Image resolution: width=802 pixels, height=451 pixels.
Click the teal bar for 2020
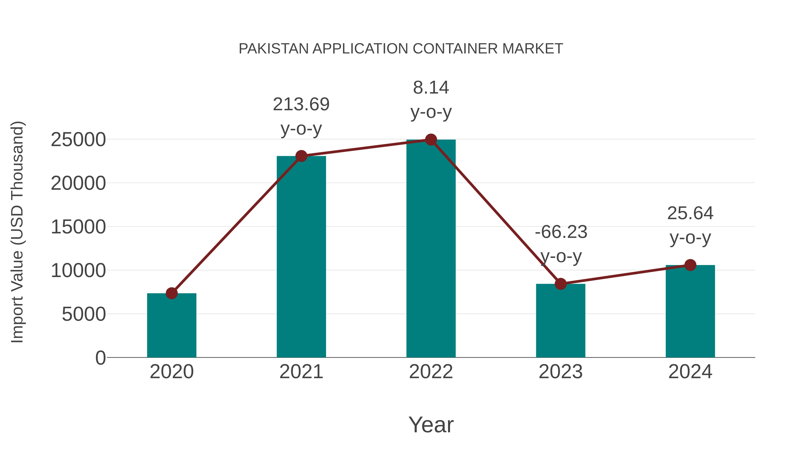pyautogui.click(x=172, y=327)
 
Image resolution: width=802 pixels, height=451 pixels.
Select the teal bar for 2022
pyautogui.click(x=431, y=249)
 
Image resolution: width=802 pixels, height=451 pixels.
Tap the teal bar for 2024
pyautogui.click(x=690, y=311)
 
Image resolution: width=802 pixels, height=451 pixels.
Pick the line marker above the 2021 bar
pyautogui.click(x=301, y=156)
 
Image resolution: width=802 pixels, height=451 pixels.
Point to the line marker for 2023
pyautogui.click(x=561, y=284)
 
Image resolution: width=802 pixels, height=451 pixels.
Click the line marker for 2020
pyautogui.click(x=172, y=293)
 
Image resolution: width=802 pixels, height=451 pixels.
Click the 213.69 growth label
pyautogui.click(x=301, y=104)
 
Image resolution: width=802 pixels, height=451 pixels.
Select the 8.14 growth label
pyautogui.click(x=431, y=88)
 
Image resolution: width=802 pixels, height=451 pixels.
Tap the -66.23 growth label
pyautogui.click(x=561, y=232)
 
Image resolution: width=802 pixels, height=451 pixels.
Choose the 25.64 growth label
pyautogui.click(x=690, y=214)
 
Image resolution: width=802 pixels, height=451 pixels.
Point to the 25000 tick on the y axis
pyautogui.click(x=78, y=140)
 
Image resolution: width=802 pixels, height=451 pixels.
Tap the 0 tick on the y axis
pyautogui.click(x=100, y=358)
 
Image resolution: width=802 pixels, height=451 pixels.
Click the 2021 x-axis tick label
pyautogui.click(x=301, y=372)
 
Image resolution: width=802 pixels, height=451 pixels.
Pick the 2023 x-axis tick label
pyautogui.click(x=561, y=372)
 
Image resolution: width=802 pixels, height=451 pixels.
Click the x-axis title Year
pyautogui.click(x=431, y=424)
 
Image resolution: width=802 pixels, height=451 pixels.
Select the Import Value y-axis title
pyautogui.click(x=17, y=232)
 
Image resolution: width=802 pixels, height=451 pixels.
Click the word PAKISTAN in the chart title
pyautogui.click(x=273, y=49)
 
